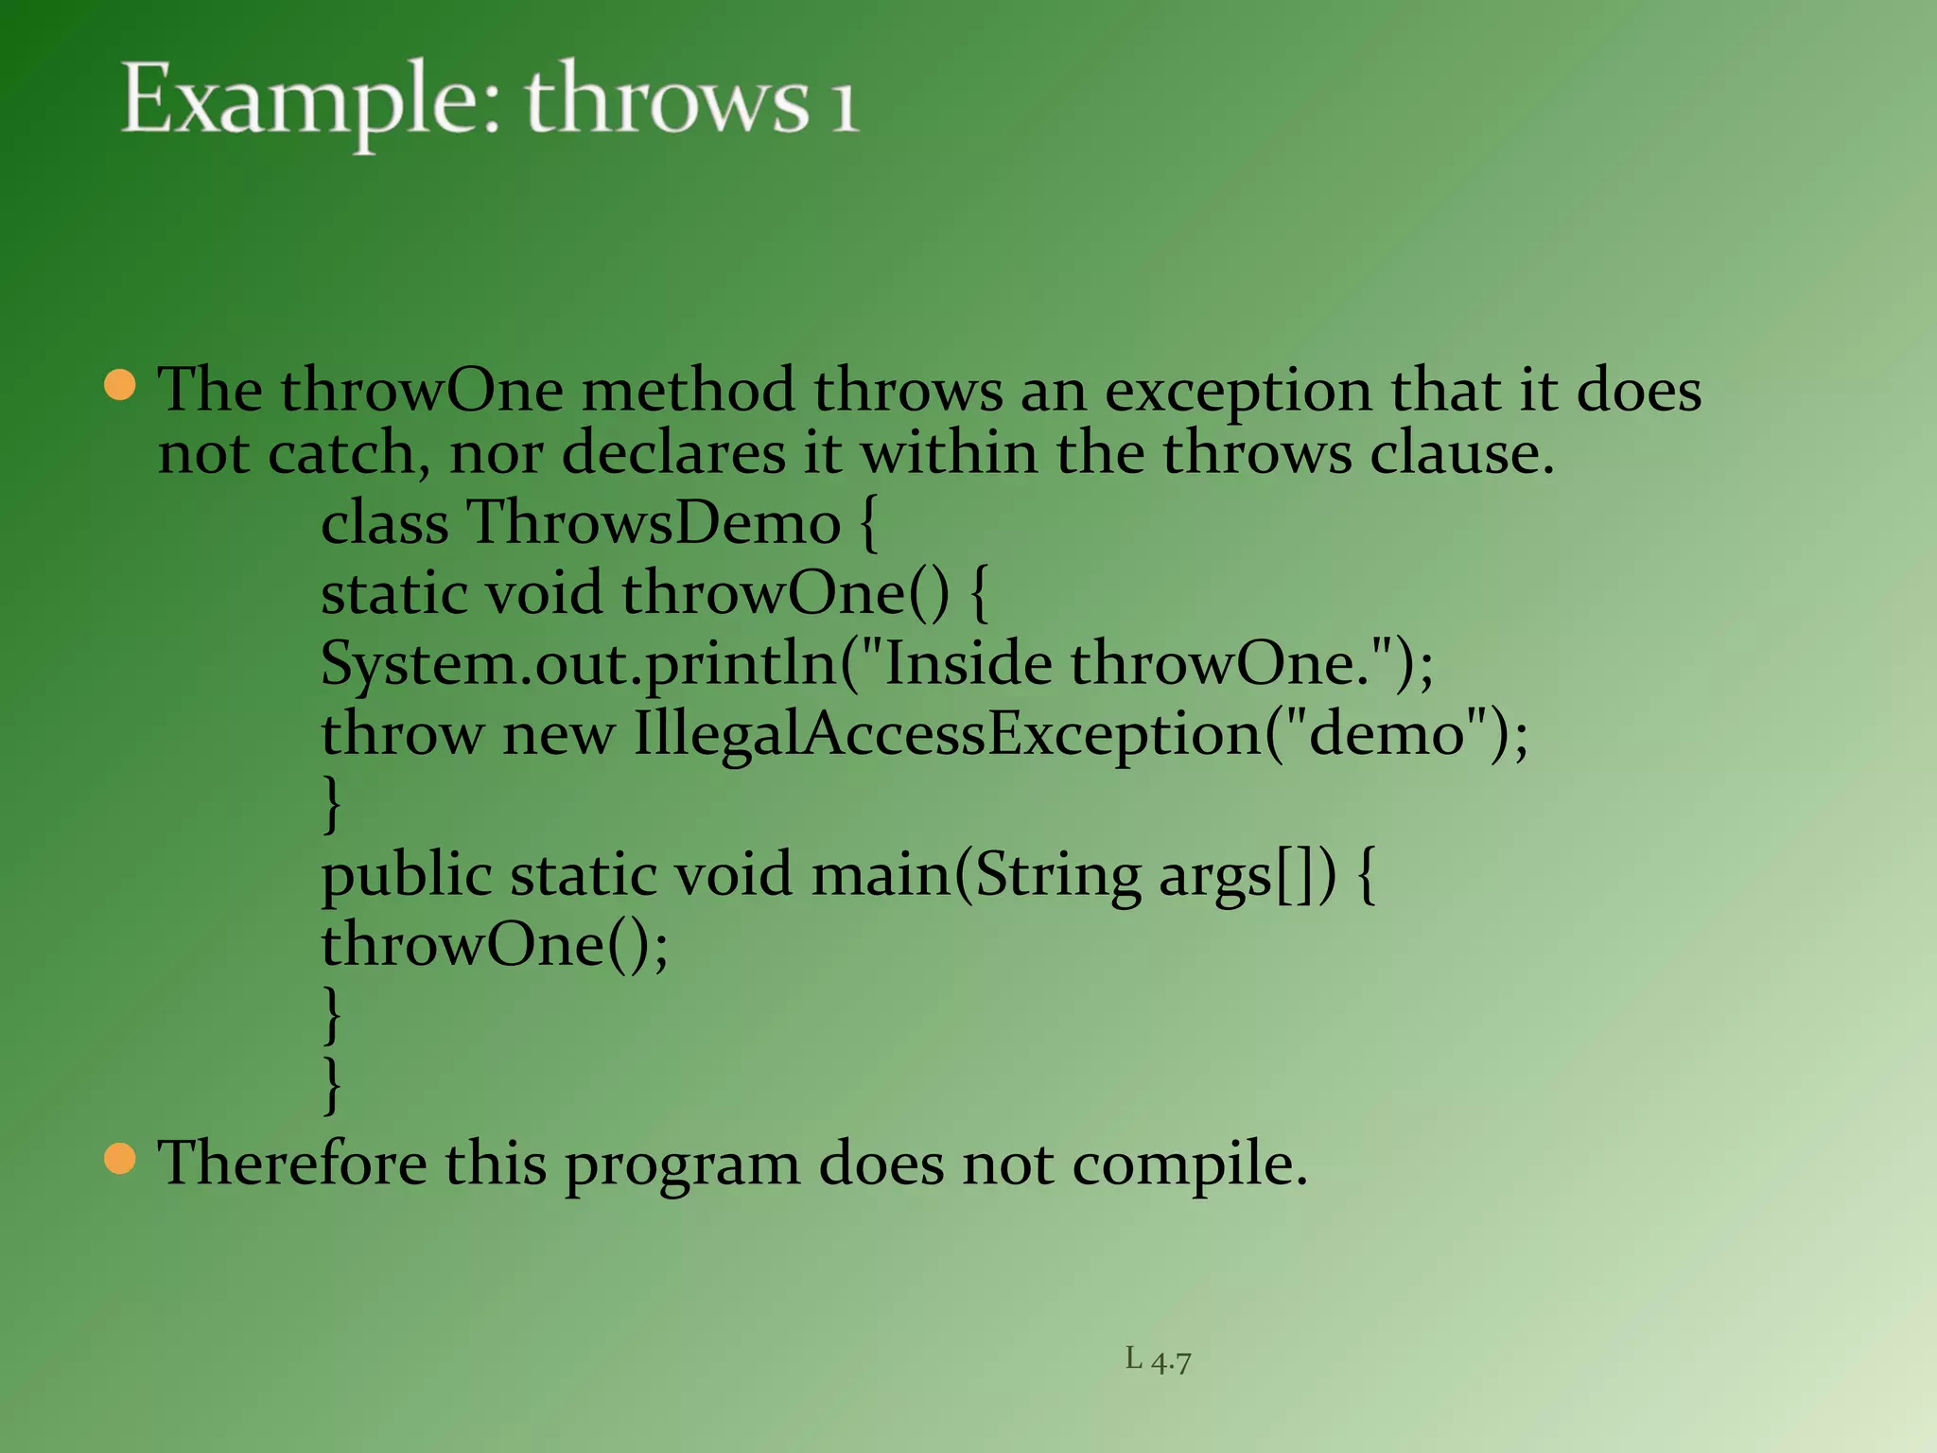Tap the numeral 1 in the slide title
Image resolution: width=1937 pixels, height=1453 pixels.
pos(845,104)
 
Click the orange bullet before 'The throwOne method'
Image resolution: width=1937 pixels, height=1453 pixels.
pos(120,386)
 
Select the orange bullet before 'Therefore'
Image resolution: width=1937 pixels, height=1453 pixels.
pos(120,1158)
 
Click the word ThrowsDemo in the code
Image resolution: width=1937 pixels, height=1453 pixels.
pos(654,523)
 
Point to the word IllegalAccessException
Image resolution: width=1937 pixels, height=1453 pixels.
pos(948,734)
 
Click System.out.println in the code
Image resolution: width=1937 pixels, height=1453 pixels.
pos(579,664)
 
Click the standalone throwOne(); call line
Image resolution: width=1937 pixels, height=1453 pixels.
pos(494,945)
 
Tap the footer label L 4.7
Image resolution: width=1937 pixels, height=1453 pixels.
pos(1158,1360)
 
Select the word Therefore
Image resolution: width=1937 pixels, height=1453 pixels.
pos(291,1163)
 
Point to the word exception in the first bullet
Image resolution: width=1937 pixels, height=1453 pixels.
pos(1237,392)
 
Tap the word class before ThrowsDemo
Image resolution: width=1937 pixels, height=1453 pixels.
pos(384,523)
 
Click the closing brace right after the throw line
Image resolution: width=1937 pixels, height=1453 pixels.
pos(331,804)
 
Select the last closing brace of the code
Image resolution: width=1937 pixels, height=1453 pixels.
pos(331,1084)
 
